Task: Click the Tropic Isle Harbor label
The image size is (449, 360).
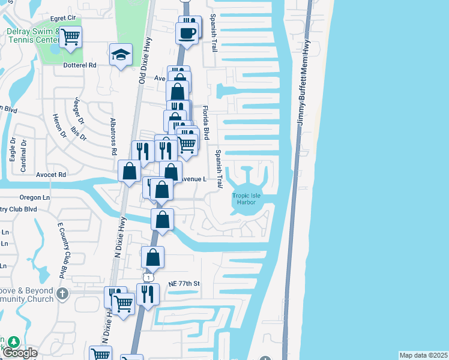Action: (x=244, y=198)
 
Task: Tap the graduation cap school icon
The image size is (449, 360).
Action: (x=121, y=55)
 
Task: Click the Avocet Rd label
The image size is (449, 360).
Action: (x=53, y=175)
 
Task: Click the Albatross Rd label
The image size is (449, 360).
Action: (x=113, y=136)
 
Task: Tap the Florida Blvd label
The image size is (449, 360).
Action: (x=205, y=123)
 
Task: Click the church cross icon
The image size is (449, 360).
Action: (x=62, y=293)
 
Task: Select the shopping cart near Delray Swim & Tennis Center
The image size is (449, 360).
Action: (x=71, y=37)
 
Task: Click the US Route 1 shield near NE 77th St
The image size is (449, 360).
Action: (x=148, y=277)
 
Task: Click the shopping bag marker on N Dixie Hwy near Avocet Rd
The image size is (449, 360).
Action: (x=130, y=172)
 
